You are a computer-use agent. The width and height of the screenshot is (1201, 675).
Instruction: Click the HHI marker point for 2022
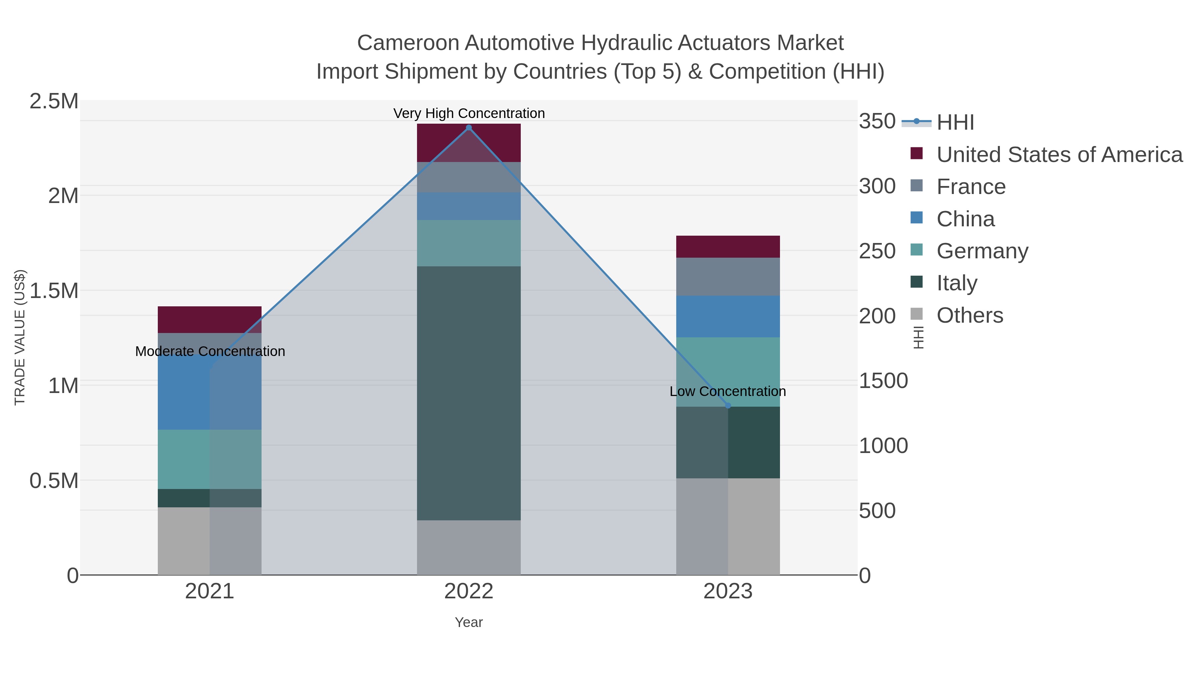coord(469,128)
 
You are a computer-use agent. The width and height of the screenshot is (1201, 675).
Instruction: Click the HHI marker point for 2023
coord(728,406)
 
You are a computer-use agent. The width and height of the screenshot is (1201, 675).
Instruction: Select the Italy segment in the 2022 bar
coord(469,393)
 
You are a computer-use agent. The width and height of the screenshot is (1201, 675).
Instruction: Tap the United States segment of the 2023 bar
coord(728,246)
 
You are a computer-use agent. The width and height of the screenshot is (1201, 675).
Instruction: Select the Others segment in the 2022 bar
coord(469,547)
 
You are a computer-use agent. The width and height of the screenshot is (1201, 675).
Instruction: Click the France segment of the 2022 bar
coord(469,177)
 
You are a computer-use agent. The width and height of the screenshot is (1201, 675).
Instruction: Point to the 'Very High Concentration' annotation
coord(469,113)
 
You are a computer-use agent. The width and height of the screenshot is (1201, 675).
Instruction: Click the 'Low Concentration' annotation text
coord(727,391)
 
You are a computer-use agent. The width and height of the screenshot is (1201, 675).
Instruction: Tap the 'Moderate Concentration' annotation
coord(210,351)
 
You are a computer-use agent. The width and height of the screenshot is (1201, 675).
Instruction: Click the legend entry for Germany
coord(982,251)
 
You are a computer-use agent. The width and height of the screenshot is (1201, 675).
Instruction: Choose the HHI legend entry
coord(955,122)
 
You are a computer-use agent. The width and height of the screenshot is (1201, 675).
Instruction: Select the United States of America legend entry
coord(1059,155)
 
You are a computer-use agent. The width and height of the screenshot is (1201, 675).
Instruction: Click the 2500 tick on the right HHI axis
coord(876,251)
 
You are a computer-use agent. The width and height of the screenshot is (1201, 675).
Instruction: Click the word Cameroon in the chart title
coord(408,43)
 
